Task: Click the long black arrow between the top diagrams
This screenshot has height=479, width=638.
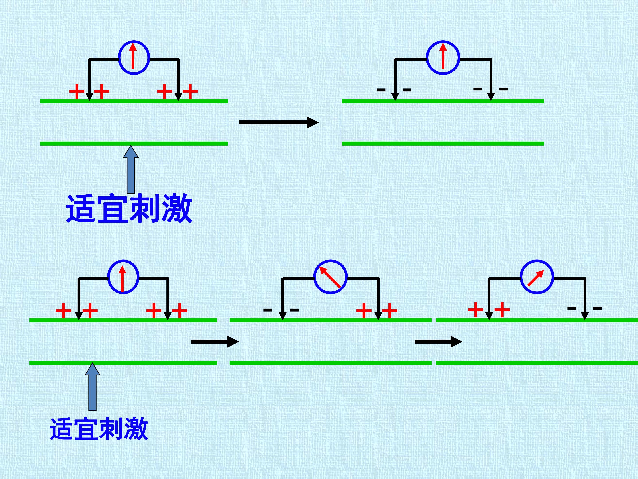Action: pos(279,122)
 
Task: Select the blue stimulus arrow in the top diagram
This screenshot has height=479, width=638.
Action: pos(131,169)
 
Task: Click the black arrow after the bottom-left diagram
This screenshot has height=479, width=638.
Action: pos(215,342)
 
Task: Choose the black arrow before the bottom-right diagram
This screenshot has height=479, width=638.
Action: pos(438,342)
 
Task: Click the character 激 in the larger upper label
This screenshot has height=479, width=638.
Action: pos(177,208)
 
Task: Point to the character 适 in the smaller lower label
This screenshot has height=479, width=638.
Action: pos(62,429)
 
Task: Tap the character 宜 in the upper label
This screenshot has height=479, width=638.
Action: pos(113,208)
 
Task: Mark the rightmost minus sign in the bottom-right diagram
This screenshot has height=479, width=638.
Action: pos(597,308)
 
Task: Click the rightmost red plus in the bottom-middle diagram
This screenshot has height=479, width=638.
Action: pos(389,311)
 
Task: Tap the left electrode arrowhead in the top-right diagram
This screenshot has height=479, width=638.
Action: pos(395,97)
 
